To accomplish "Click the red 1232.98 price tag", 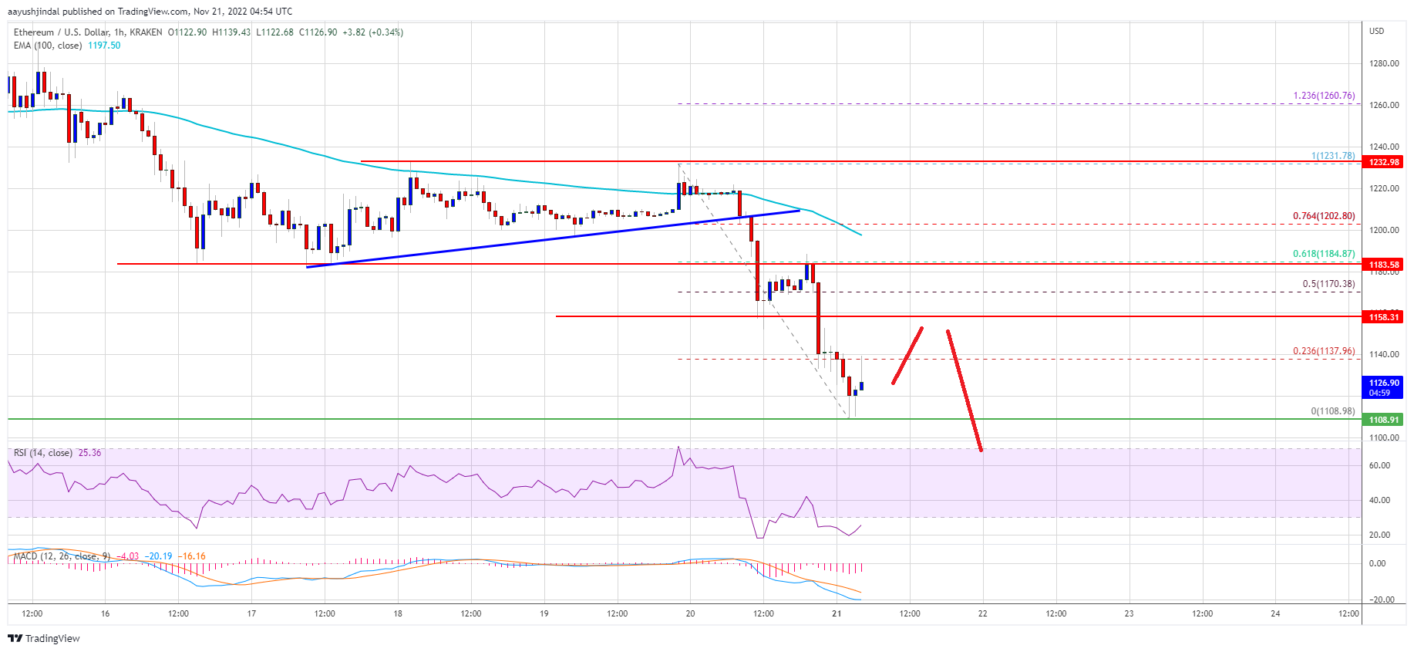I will (x=1383, y=162).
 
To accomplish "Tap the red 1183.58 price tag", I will (x=1383, y=265).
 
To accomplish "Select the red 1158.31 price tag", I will (x=1383, y=317).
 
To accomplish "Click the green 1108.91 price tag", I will (x=1383, y=420).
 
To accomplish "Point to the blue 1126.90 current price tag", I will (x=1383, y=387).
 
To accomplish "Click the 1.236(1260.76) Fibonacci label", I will (x=1324, y=96).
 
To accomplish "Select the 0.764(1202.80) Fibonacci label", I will (x=1324, y=216).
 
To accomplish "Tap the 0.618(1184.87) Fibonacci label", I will (x=1324, y=254).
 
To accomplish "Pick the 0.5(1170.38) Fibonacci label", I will (x=1328, y=284).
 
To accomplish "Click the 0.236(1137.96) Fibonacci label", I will (x=1324, y=351).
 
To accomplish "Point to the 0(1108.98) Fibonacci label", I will (x=1332, y=411).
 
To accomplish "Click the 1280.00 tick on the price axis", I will (x=1383, y=63).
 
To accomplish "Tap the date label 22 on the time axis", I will (x=982, y=614).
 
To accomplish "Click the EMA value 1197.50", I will (x=104, y=46).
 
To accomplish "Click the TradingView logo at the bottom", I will (x=44, y=638).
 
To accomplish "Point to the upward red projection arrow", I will (x=907, y=355).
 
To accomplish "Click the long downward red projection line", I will (x=964, y=390).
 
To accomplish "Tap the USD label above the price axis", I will (x=1376, y=31).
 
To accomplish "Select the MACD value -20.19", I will (x=160, y=556).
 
